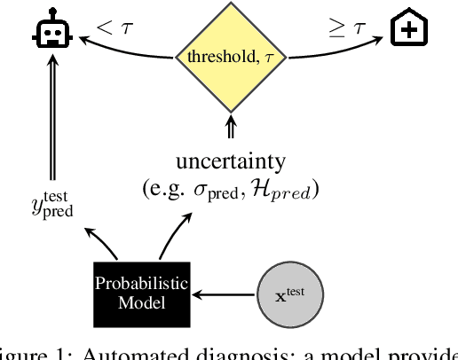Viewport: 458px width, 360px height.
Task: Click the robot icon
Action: pos(52,33)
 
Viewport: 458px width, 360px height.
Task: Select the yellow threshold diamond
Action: pos(230,57)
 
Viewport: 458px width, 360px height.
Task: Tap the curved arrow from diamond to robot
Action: pos(124,51)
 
